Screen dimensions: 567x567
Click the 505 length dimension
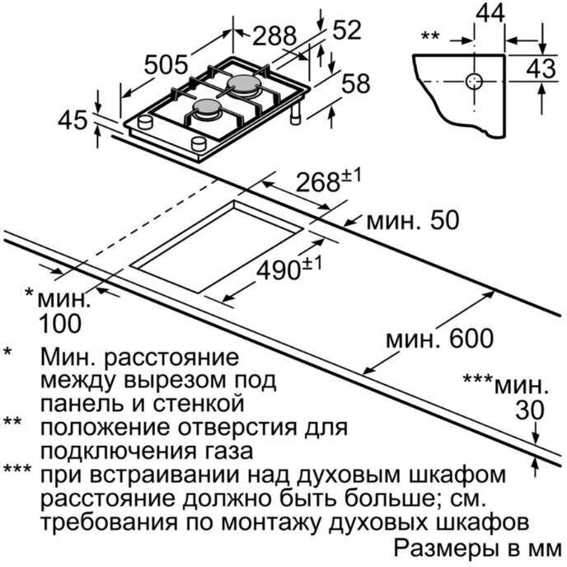click(166, 65)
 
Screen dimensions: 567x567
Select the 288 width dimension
click(274, 35)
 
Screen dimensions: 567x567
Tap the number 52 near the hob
click(347, 30)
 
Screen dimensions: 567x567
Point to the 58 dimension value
click(356, 83)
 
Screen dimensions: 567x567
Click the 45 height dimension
click(73, 120)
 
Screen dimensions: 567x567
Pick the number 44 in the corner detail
click(490, 13)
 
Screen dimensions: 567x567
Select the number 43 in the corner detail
click(541, 68)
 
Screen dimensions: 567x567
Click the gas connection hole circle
click(474, 82)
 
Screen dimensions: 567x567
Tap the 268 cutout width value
click(317, 182)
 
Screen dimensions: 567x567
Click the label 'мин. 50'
click(413, 220)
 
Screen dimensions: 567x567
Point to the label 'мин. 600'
click(439, 339)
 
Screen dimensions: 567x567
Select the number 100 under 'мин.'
click(60, 324)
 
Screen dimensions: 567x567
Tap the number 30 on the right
click(530, 410)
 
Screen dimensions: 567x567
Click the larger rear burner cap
click(243, 84)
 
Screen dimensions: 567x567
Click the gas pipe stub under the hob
click(297, 113)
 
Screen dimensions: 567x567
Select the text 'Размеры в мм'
click(478, 549)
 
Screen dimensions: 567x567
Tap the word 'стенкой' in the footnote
click(198, 404)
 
